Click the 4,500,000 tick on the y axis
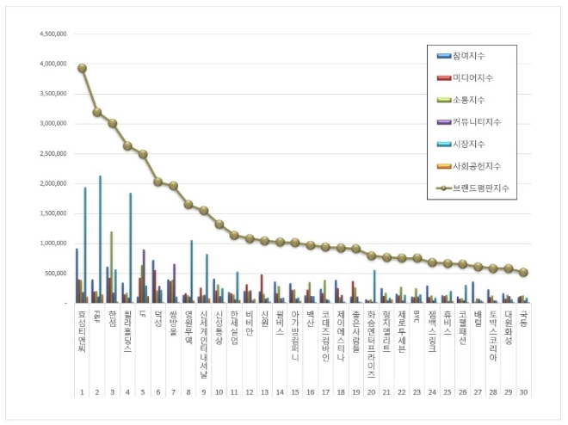[53, 34]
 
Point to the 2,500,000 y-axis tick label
[53, 154]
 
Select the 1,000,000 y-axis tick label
[53, 243]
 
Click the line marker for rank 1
[82, 68]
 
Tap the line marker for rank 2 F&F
[97, 113]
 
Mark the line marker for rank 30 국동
[524, 272]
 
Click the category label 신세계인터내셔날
[203, 339]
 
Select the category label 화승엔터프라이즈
[371, 344]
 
